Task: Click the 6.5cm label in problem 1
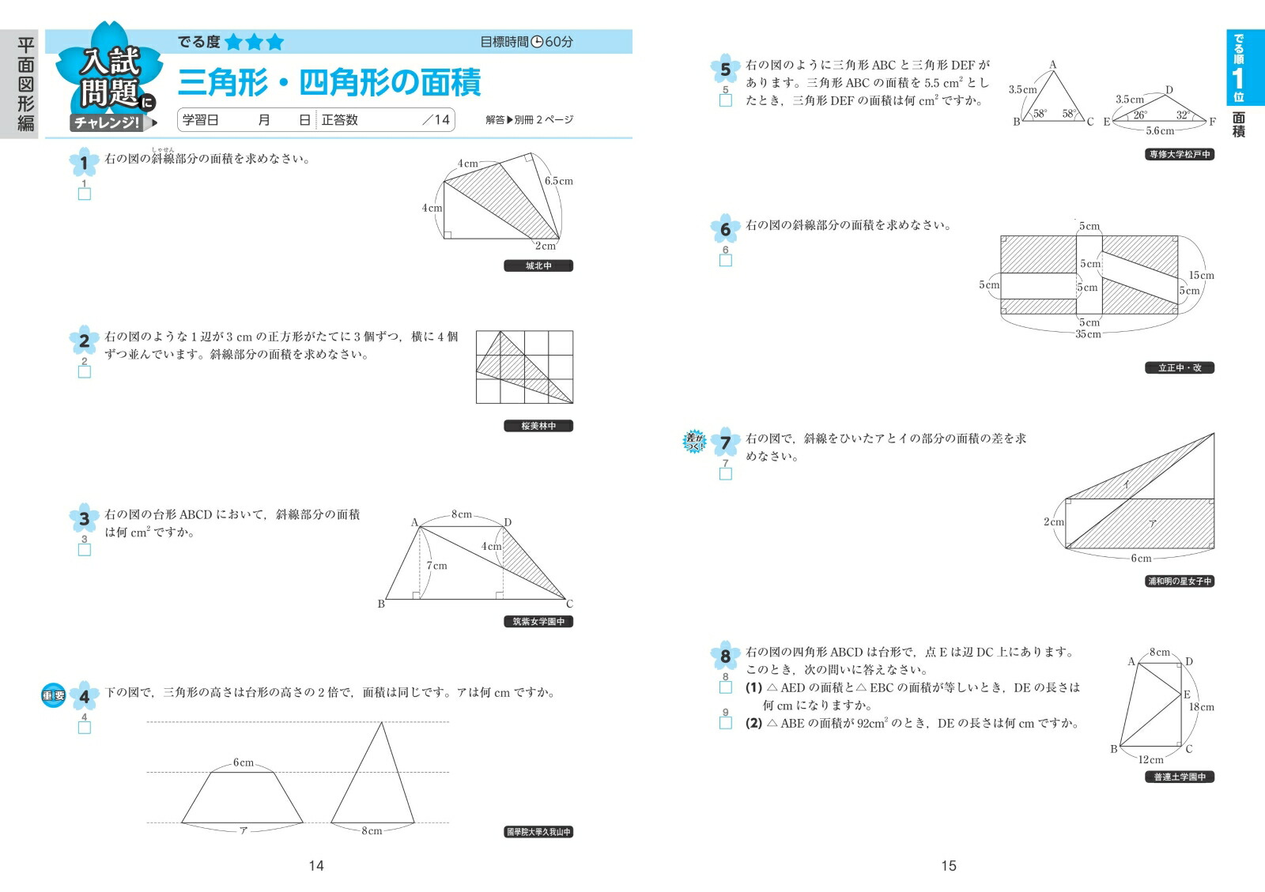[x=558, y=181]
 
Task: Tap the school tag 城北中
[x=538, y=266]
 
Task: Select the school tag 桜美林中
[x=538, y=426]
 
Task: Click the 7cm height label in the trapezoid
[x=436, y=566]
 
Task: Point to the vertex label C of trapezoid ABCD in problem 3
[x=569, y=604]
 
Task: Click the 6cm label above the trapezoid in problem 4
[x=244, y=762]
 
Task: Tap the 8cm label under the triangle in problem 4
[x=372, y=831]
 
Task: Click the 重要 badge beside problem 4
[x=54, y=696]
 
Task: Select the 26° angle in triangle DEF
[x=1139, y=115]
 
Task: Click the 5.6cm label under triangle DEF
[x=1160, y=131]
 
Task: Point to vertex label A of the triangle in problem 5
[x=1052, y=65]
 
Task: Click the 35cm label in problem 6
[x=1088, y=334]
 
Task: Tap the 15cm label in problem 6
[x=1201, y=276]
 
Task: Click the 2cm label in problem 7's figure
[x=1054, y=522]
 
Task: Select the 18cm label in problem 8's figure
[x=1201, y=707]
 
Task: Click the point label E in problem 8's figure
[x=1187, y=695]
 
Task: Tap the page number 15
[x=949, y=866]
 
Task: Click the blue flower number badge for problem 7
[x=725, y=442]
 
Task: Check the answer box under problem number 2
[x=85, y=371]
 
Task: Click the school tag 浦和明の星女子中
[x=1180, y=581]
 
